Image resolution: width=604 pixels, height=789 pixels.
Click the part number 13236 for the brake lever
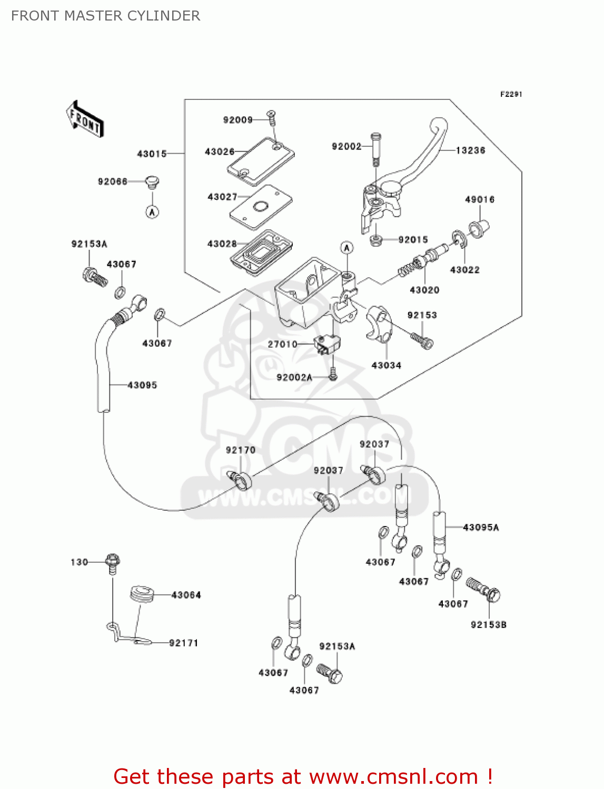pyautogui.click(x=470, y=150)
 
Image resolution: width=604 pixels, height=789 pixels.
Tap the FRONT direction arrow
pyautogui.click(x=85, y=119)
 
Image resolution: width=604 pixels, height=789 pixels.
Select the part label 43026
pyautogui.click(x=220, y=151)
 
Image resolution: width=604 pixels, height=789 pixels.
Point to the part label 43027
pyautogui.click(x=222, y=197)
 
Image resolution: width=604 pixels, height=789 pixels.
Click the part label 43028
pyautogui.click(x=222, y=244)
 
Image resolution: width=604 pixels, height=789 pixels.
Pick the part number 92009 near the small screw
pyautogui.click(x=238, y=120)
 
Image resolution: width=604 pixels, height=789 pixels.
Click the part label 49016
pyautogui.click(x=480, y=199)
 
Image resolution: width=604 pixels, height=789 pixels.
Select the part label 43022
pyautogui.click(x=464, y=270)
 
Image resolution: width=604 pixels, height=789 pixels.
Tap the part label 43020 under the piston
pyautogui.click(x=424, y=290)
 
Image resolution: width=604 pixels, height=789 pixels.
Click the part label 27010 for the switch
pyautogui.click(x=283, y=344)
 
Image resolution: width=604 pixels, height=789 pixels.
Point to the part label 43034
pyautogui.click(x=386, y=365)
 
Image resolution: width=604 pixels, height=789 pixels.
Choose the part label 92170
pyautogui.click(x=241, y=450)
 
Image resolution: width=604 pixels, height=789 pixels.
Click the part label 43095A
pyautogui.click(x=481, y=527)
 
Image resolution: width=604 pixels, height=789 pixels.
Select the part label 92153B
pyautogui.click(x=489, y=625)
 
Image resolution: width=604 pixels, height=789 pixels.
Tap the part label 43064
pyautogui.click(x=186, y=595)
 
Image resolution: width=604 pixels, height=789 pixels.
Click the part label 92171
pyautogui.click(x=183, y=643)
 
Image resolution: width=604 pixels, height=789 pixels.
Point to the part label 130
pyautogui.click(x=79, y=562)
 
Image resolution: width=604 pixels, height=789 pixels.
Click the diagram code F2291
pyautogui.click(x=511, y=94)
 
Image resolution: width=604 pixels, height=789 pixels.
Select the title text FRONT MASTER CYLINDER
pyautogui.click(x=105, y=16)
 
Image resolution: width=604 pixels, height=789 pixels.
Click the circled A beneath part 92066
pyautogui.click(x=152, y=212)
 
